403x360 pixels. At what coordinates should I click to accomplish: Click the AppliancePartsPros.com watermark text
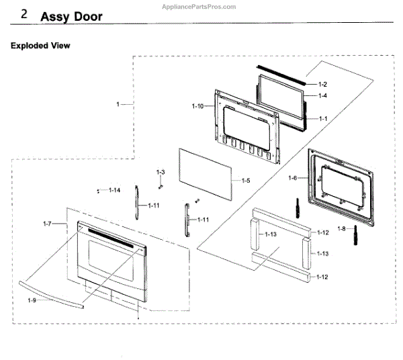click(200, 6)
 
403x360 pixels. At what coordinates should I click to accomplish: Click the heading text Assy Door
click(72, 17)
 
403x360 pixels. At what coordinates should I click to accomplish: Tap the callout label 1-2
click(322, 85)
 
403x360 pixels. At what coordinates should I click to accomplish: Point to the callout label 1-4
click(322, 95)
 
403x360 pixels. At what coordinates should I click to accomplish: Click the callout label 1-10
click(197, 107)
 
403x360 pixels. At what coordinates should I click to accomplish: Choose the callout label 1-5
click(245, 181)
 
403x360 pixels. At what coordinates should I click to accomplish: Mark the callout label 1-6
click(292, 177)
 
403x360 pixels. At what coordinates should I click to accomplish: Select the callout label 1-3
click(161, 173)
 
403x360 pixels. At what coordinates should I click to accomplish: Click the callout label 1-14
click(116, 190)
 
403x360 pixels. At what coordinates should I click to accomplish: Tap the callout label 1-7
click(47, 222)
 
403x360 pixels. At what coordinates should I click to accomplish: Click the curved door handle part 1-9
click(54, 291)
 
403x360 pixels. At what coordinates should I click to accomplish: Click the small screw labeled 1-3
click(161, 182)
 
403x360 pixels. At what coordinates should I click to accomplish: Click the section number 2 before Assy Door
click(24, 15)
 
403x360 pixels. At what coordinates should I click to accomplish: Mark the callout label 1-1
click(322, 119)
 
